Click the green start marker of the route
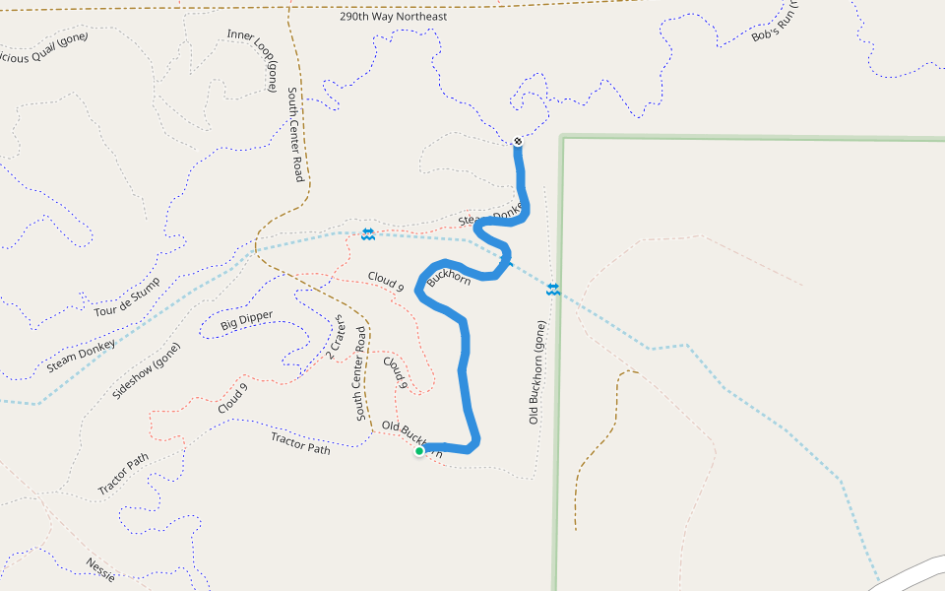click(419, 451)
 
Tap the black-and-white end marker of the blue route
click(518, 142)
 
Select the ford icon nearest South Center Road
click(367, 233)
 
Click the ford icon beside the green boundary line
click(553, 289)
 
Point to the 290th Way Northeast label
click(393, 17)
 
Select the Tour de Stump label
click(127, 296)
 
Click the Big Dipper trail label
click(247, 321)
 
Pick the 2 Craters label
click(335, 338)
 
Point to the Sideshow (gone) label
click(147, 370)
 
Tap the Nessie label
click(100, 570)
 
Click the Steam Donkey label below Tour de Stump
click(81, 357)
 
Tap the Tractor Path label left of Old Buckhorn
click(300, 442)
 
